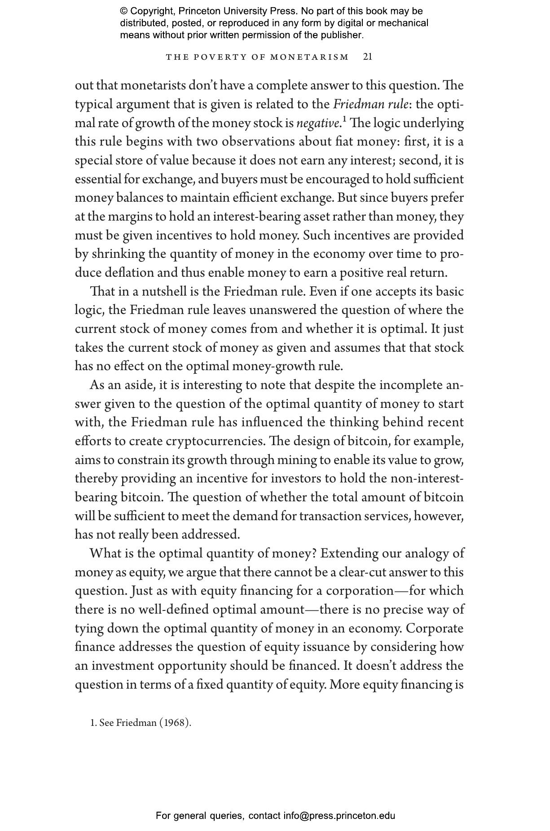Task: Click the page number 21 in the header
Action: click(367, 57)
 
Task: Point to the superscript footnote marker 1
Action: click(344, 119)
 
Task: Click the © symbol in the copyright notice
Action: click(124, 11)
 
